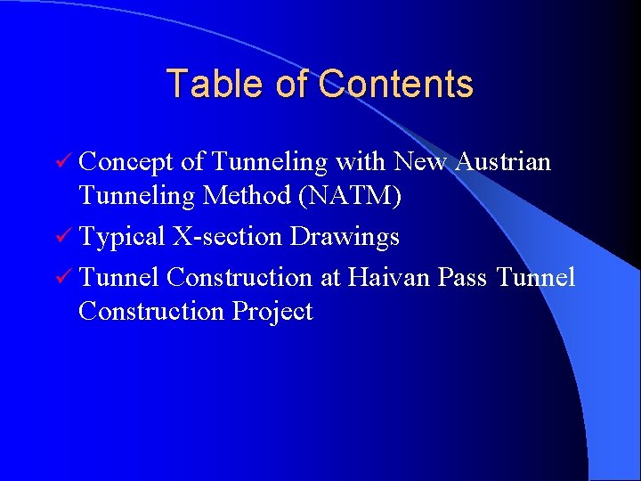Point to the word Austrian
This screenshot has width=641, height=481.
(503, 162)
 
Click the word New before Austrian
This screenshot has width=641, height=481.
(420, 162)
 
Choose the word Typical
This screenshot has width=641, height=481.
(122, 237)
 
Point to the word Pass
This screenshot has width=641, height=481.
(463, 277)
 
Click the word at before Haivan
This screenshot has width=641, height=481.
(330, 278)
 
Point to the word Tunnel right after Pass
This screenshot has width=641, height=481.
(535, 277)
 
